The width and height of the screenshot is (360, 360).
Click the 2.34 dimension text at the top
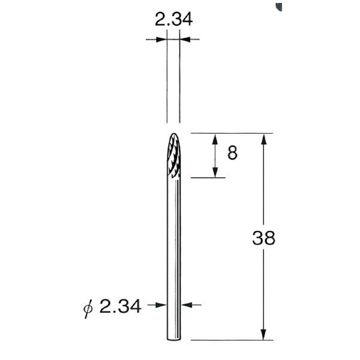(174, 20)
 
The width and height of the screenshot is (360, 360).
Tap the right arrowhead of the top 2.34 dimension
(184, 40)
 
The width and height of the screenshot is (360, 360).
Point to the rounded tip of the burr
(173, 135)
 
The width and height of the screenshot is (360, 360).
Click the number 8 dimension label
(232, 153)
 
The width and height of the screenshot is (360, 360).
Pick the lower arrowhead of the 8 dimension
(215, 173)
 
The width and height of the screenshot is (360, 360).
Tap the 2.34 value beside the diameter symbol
(121, 307)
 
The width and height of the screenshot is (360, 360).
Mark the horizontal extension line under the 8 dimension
(207, 178)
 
